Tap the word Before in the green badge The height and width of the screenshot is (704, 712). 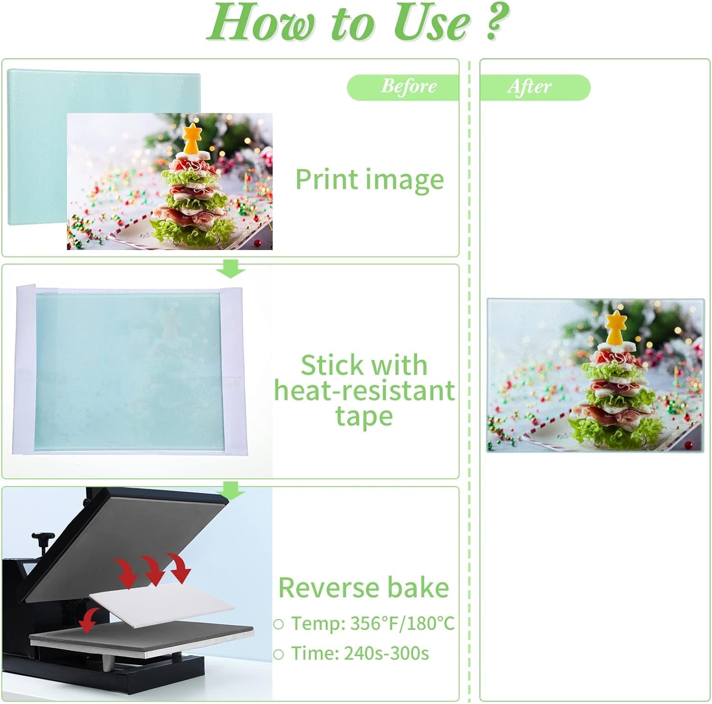pyautogui.click(x=408, y=86)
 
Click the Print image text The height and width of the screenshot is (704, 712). pyautogui.click(x=369, y=180)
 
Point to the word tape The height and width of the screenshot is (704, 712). pyautogui.click(x=364, y=417)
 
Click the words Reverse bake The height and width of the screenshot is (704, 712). pyautogui.click(x=364, y=588)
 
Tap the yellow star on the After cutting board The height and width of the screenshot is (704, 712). pyautogui.click(x=616, y=326)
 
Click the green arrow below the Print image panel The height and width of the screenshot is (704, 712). pyautogui.click(x=231, y=270)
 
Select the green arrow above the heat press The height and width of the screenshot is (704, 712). pyautogui.click(x=231, y=491)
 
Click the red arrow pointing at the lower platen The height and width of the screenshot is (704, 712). pyautogui.click(x=89, y=621)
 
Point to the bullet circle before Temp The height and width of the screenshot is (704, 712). pyautogui.click(x=279, y=624)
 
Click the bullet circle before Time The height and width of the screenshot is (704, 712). pyautogui.click(x=279, y=654)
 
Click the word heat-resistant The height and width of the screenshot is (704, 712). pyautogui.click(x=364, y=391)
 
